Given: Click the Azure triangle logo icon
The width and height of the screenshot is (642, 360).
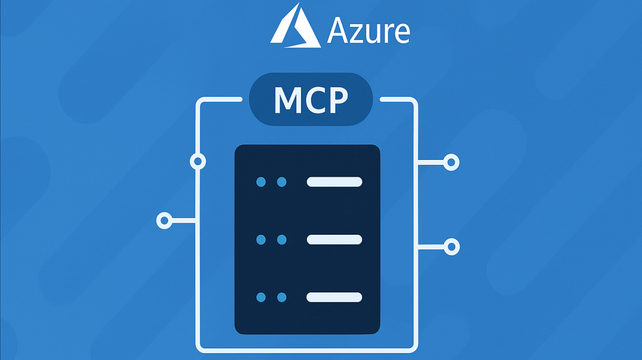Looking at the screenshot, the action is (295, 27).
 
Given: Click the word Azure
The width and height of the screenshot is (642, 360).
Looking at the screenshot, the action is (368, 31).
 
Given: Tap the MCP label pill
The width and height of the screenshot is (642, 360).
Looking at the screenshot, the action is (311, 99).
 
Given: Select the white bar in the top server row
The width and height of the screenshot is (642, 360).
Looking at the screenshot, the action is (334, 182).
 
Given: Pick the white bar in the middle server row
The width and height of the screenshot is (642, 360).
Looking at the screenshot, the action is (334, 240).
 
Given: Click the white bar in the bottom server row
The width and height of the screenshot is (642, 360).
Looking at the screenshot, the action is (334, 297).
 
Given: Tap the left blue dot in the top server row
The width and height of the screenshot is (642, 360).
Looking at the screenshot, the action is (261, 182).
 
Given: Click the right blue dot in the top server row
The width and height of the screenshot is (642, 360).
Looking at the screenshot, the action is (282, 182).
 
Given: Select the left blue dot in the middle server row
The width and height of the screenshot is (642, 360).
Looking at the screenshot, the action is (261, 240).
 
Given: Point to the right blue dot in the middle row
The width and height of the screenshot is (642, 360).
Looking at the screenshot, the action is (282, 240).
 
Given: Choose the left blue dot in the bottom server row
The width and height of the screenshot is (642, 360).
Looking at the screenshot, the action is (261, 297).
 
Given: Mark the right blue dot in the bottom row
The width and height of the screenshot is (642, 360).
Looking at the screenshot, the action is (282, 297).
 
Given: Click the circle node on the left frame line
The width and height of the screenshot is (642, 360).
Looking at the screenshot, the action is (198, 162).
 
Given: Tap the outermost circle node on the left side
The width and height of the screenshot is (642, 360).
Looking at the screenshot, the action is (164, 220).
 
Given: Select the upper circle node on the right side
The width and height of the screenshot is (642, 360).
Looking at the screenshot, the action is (451, 163).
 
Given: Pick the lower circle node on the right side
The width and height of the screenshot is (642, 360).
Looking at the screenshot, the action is (451, 246).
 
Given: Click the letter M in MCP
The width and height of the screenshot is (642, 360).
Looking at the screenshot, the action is (288, 100).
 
